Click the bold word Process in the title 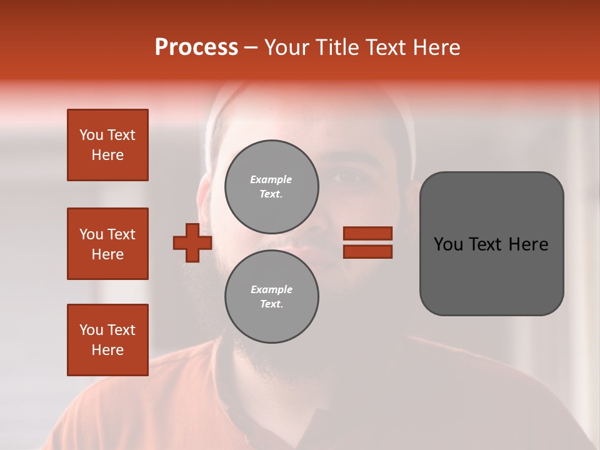click(x=196, y=47)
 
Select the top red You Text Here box click(x=107, y=145)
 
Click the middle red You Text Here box click(x=107, y=244)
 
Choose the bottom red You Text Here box click(x=107, y=339)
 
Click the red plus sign click(x=192, y=242)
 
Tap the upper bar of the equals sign click(x=367, y=234)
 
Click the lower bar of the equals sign click(x=367, y=252)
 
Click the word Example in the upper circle click(x=271, y=179)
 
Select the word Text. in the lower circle click(x=271, y=304)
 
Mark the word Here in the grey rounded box click(x=528, y=244)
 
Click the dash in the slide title click(x=251, y=47)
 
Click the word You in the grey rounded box click(x=449, y=244)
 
